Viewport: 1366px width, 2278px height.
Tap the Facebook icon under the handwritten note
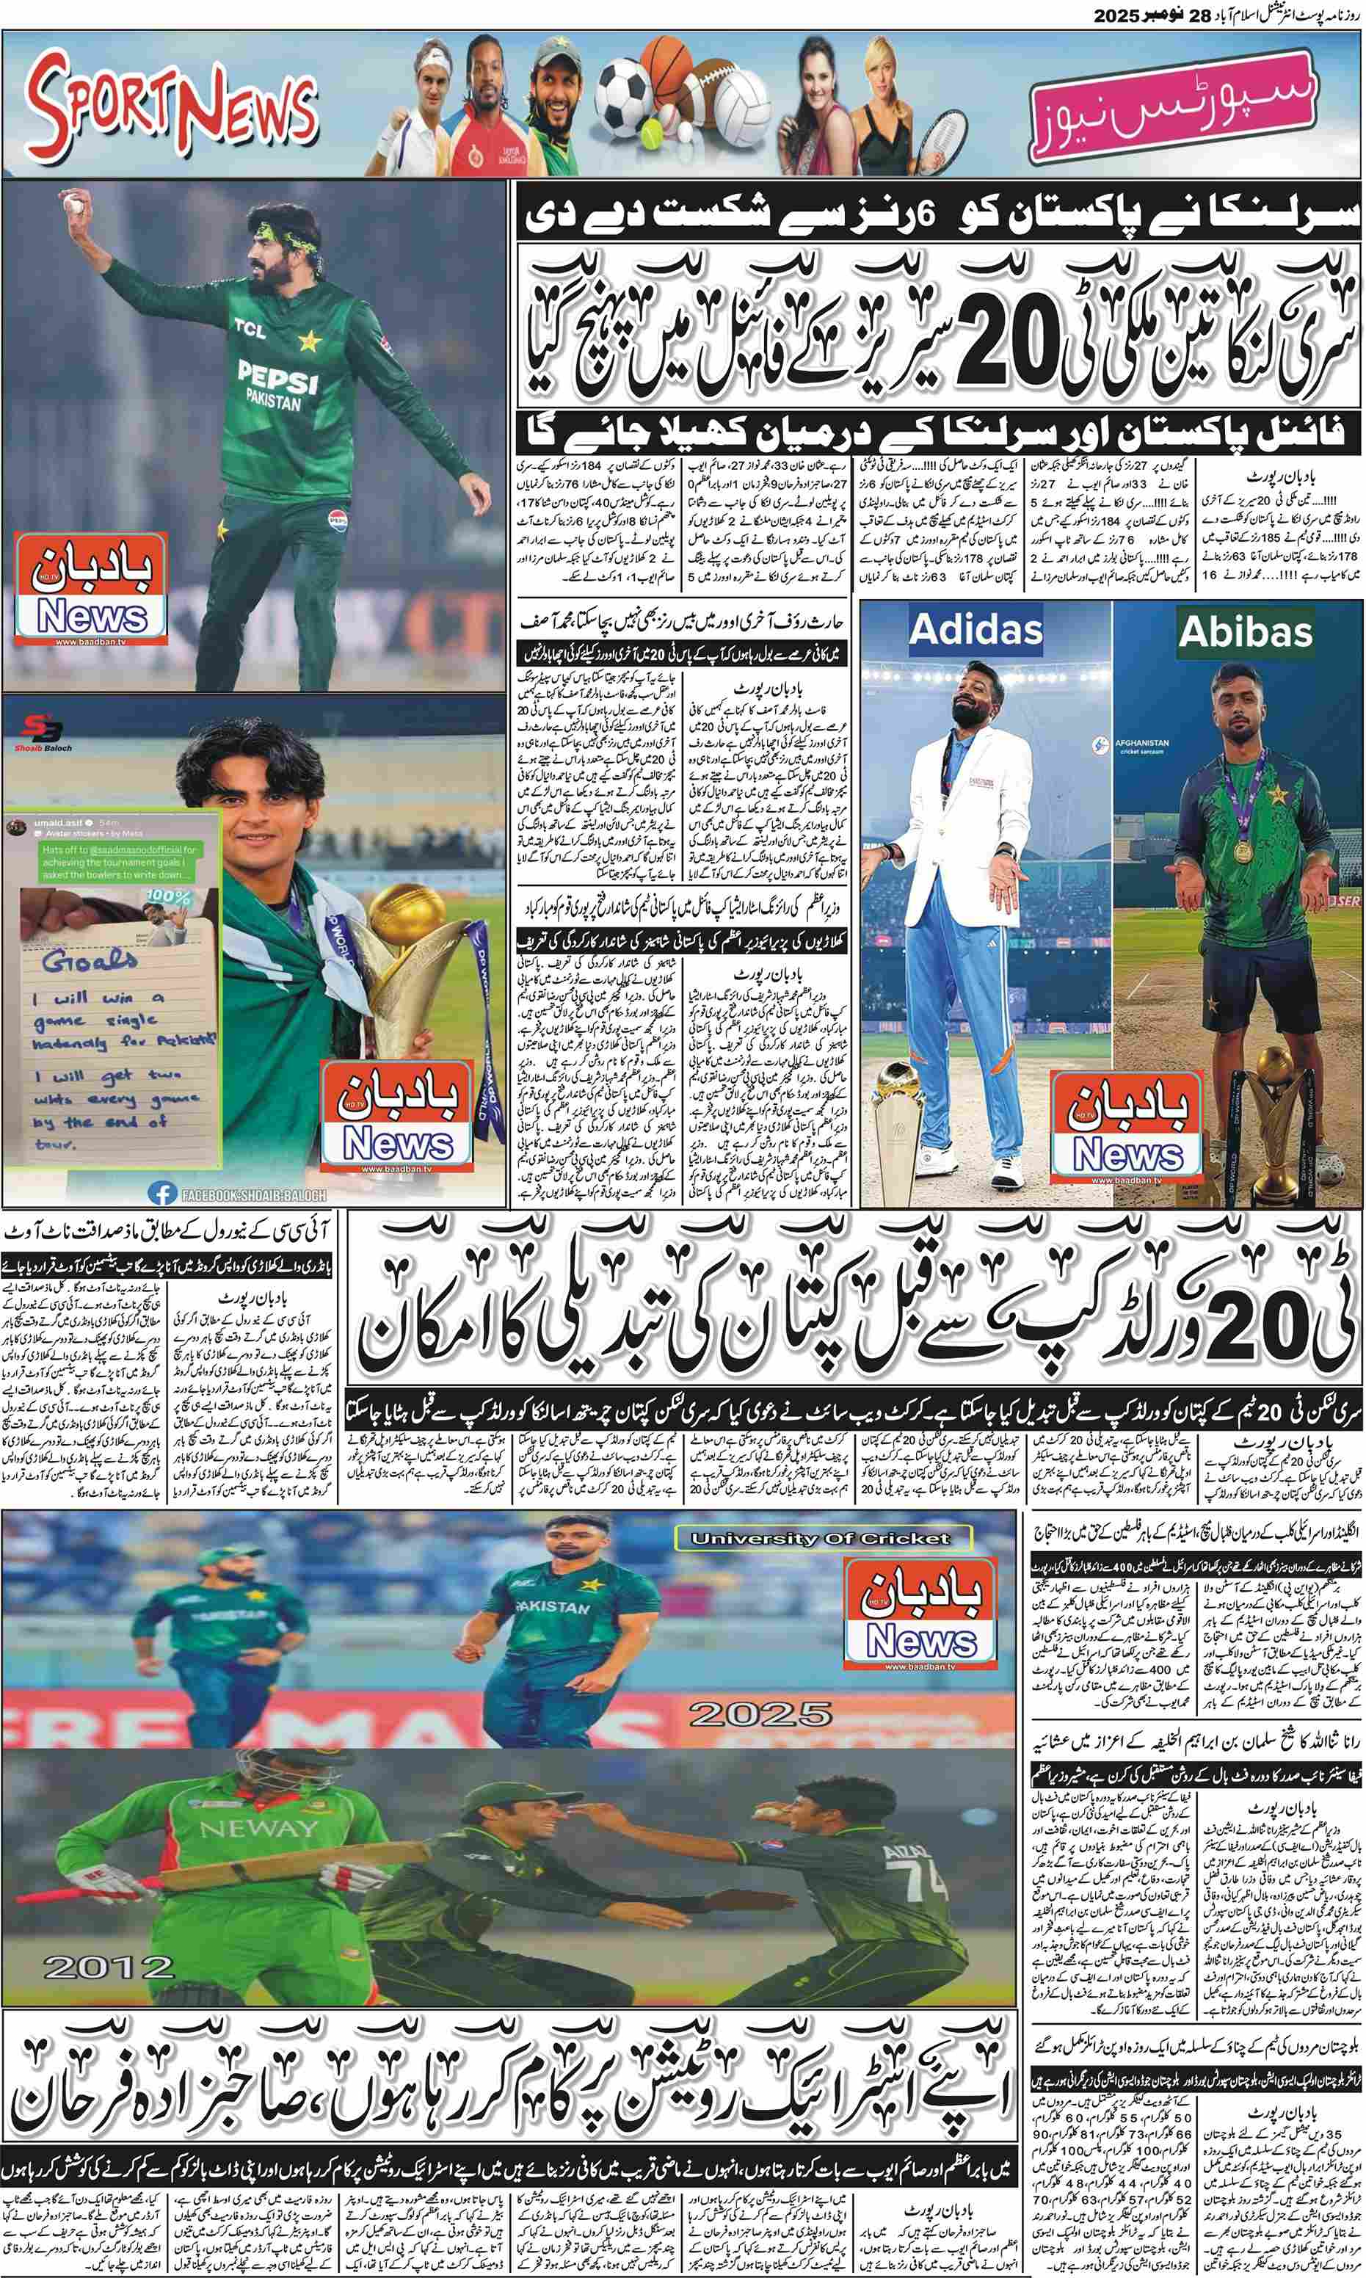163,1193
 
